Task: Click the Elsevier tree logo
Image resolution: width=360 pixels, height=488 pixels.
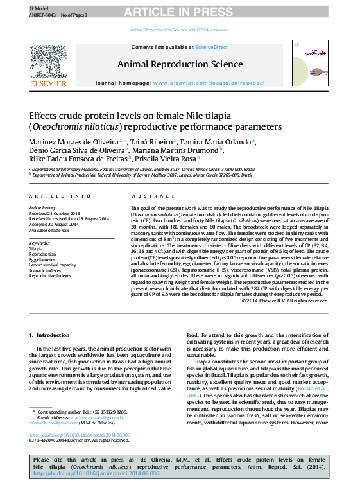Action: pos(48,61)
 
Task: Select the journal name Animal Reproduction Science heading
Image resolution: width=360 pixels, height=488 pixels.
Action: pos(180,64)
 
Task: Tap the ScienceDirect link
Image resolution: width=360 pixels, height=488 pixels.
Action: pos(211,47)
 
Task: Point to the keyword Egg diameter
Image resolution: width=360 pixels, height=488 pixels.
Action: pos(42,259)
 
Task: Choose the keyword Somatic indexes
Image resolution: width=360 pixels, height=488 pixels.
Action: pos(46,270)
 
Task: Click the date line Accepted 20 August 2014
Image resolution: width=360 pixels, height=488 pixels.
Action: pos(54,224)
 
